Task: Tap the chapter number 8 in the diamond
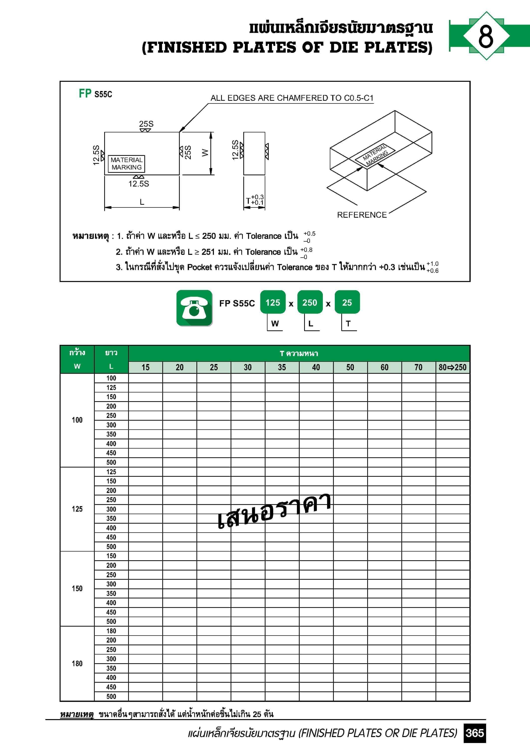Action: (486, 36)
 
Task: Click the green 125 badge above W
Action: (272, 302)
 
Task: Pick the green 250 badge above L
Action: (310, 302)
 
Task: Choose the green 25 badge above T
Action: (347, 302)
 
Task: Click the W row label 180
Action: (77, 663)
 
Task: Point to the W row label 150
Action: (77, 588)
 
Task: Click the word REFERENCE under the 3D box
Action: (362, 215)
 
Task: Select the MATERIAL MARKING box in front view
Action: (126, 164)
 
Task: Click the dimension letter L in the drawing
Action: (142, 202)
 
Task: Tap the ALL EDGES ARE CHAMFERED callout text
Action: (292, 98)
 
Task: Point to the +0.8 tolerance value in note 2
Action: (306, 250)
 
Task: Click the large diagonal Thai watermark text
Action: (274, 511)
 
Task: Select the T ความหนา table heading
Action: (299, 354)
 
